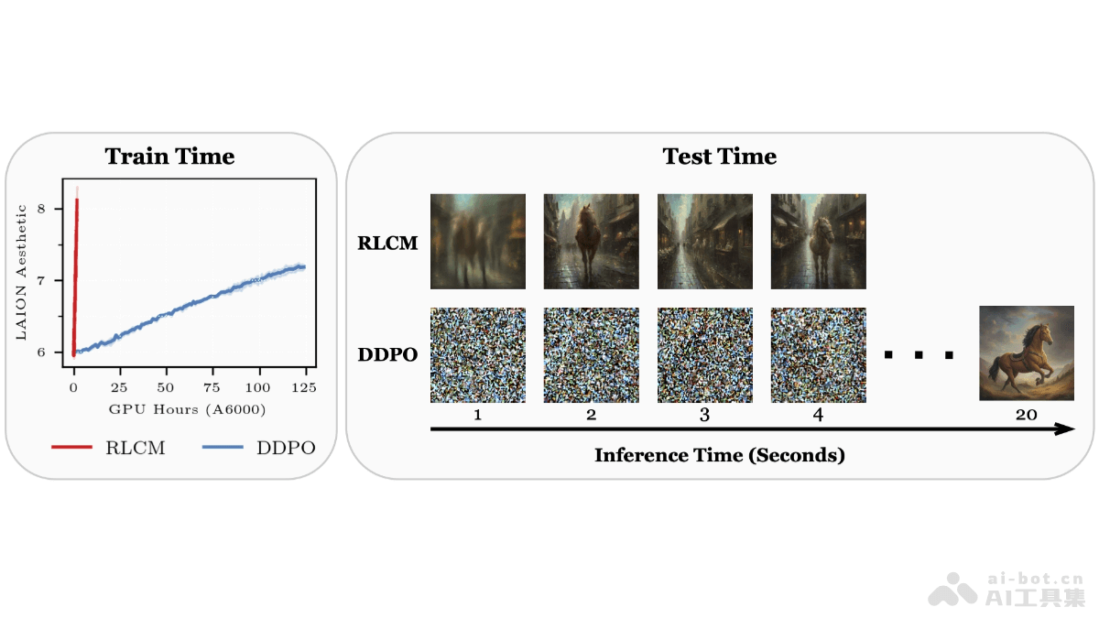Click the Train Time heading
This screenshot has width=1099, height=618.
pyautogui.click(x=169, y=157)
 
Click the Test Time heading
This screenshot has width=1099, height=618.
pyautogui.click(x=720, y=157)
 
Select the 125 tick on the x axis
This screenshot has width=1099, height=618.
pyautogui.click(x=304, y=388)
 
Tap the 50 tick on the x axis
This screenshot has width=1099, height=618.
pyautogui.click(x=166, y=388)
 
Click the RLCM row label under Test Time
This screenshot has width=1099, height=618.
pyautogui.click(x=386, y=244)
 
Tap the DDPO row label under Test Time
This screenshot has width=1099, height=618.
pyautogui.click(x=386, y=354)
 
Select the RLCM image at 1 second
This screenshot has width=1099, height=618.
pyautogui.click(x=478, y=241)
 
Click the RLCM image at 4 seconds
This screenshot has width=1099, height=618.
pyautogui.click(x=818, y=241)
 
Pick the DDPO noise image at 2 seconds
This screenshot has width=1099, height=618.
pyautogui.click(x=591, y=355)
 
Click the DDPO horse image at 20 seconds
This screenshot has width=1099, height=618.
pyautogui.click(x=1026, y=353)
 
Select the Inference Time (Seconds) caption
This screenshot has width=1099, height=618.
pyautogui.click(x=719, y=455)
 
